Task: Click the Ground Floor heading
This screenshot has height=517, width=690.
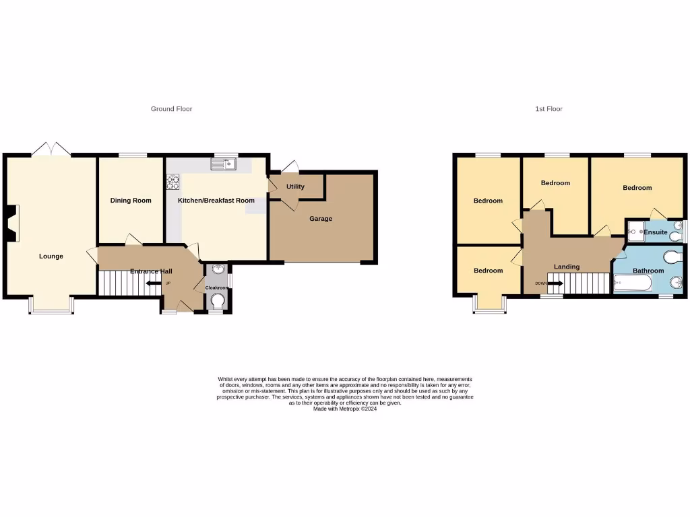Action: tap(171, 109)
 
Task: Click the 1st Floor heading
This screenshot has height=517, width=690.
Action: tap(548, 109)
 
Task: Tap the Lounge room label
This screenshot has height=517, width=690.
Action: tap(51, 256)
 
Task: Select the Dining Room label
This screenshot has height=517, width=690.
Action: tap(131, 201)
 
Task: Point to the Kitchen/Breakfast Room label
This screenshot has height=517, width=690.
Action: tap(216, 201)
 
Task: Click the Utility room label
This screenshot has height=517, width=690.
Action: tap(295, 187)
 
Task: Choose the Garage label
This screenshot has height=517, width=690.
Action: tap(321, 219)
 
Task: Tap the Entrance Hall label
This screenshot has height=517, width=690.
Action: tap(151, 271)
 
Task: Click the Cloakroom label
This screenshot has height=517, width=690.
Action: tap(217, 288)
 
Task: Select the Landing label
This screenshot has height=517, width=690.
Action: tap(567, 267)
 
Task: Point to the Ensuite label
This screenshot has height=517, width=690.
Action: tap(656, 232)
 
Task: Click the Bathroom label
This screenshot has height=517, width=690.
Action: tap(648, 271)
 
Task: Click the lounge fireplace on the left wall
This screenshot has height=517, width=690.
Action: tap(12, 223)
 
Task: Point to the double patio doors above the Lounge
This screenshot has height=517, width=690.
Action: tap(52, 149)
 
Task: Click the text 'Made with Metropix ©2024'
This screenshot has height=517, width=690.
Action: tap(345, 409)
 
